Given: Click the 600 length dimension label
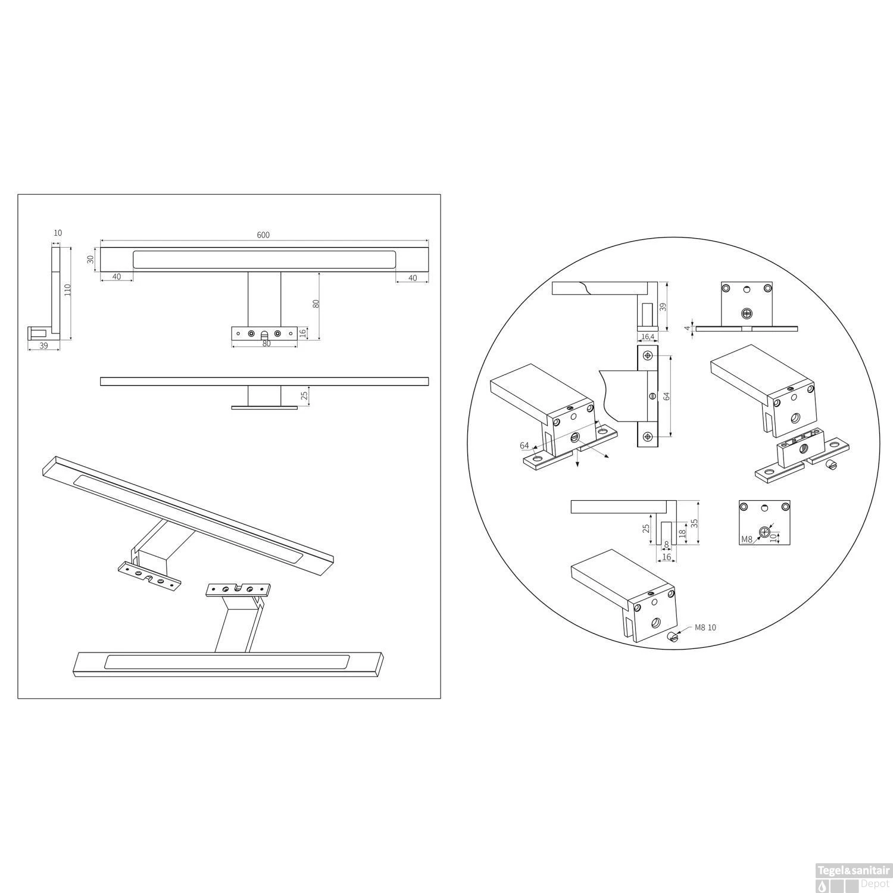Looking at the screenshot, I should [x=263, y=235].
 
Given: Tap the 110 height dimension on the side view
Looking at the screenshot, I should [x=67, y=291].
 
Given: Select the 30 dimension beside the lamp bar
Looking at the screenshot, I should [x=90, y=260].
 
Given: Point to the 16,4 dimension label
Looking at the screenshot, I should [x=648, y=337].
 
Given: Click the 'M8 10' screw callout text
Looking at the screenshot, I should [x=706, y=628].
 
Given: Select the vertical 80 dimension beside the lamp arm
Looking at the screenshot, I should [x=317, y=303].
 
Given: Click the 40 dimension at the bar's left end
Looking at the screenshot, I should [x=116, y=276].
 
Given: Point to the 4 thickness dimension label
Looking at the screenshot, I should [x=686, y=327].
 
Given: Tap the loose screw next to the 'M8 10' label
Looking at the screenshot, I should [x=673, y=638].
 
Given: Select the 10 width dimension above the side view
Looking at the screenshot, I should [x=58, y=233].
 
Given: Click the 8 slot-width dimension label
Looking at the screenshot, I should [x=666, y=544].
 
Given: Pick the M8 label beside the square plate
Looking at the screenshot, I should [x=747, y=539].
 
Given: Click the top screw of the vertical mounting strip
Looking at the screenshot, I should [x=648, y=356].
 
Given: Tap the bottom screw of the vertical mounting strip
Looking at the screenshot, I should [x=648, y=436].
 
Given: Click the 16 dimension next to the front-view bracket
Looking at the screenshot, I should [x=302, y=332].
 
